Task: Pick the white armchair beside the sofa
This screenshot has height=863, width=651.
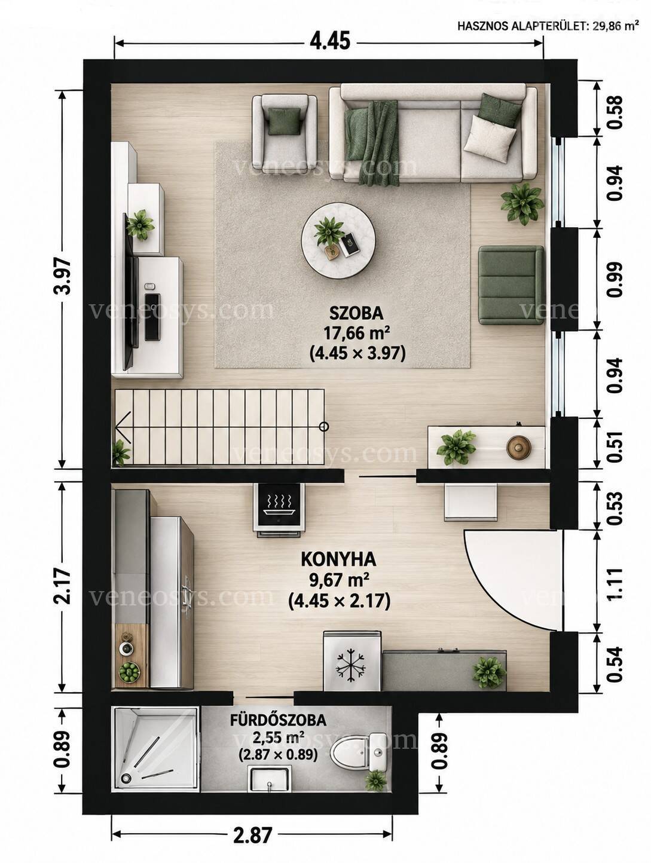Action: (x=285, y=131)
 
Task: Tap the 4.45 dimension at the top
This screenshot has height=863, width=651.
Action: (x=330, y=41)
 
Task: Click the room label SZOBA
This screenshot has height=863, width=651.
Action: (x=356, y=313)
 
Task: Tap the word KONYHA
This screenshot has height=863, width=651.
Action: (x=338, y=560)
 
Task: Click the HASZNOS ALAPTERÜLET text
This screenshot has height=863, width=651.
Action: (x=521, y=27)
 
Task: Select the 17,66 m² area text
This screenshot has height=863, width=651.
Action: (x=356, y=334)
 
